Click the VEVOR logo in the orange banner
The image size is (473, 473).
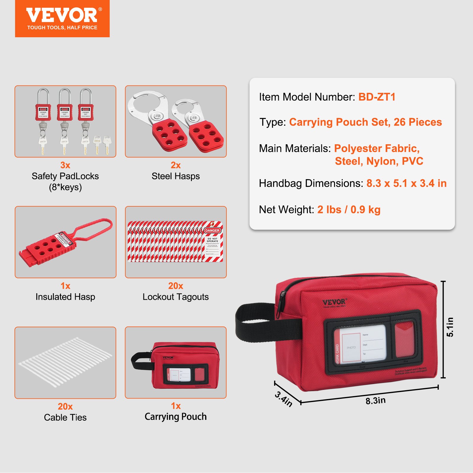pyautogui.click(x=62, y=15)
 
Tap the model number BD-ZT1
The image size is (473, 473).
pyautogui.click(x=377, y=97)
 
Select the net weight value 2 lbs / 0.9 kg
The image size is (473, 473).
pyautogui.click(x=349, y=210)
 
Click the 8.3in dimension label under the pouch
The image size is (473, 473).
pyautogui.click(x=375, y=401)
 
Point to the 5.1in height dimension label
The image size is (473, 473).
pyautogui.click(x=450, y=327)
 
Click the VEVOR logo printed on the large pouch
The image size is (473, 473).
pyautogui.click(x=334, y=302)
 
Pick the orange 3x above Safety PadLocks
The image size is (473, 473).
pyautogui.click(x=65, y=165)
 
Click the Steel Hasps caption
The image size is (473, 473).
pyautogui.click(x=176, y=176)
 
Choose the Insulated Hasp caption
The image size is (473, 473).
pyautogui.click(x=65, y=297)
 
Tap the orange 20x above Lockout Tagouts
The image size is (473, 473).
pyautogui.click(x=176, y=286)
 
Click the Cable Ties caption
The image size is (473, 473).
pyautogui.click(x=65, y=417)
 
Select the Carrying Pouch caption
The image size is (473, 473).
pyautogui.click(x=176, y=417)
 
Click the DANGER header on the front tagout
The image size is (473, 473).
pyautogui.click(x=212, y=230)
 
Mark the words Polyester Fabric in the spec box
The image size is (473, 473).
pyautogui.click(x=377, y=148)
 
